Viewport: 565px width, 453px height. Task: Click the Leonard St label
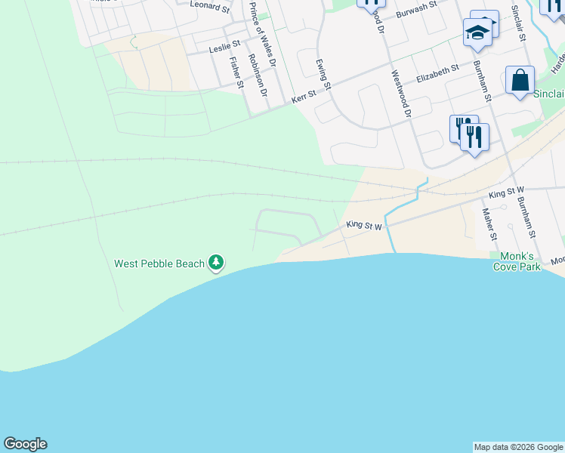[x=210, y=6]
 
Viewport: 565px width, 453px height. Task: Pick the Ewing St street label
[x=323, y=74]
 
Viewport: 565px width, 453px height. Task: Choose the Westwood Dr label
[x=401, y=94]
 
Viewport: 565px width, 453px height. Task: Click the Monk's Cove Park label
[x=517, y=261]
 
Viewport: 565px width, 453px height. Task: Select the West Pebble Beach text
[x=159, y=263]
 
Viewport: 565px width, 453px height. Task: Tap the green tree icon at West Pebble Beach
[x=217, y=263]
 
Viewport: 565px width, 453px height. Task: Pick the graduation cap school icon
[x=477, y=32]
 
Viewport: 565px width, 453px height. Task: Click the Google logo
[x=25, y=444]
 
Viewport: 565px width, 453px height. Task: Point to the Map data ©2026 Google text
[x=518, y=447]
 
